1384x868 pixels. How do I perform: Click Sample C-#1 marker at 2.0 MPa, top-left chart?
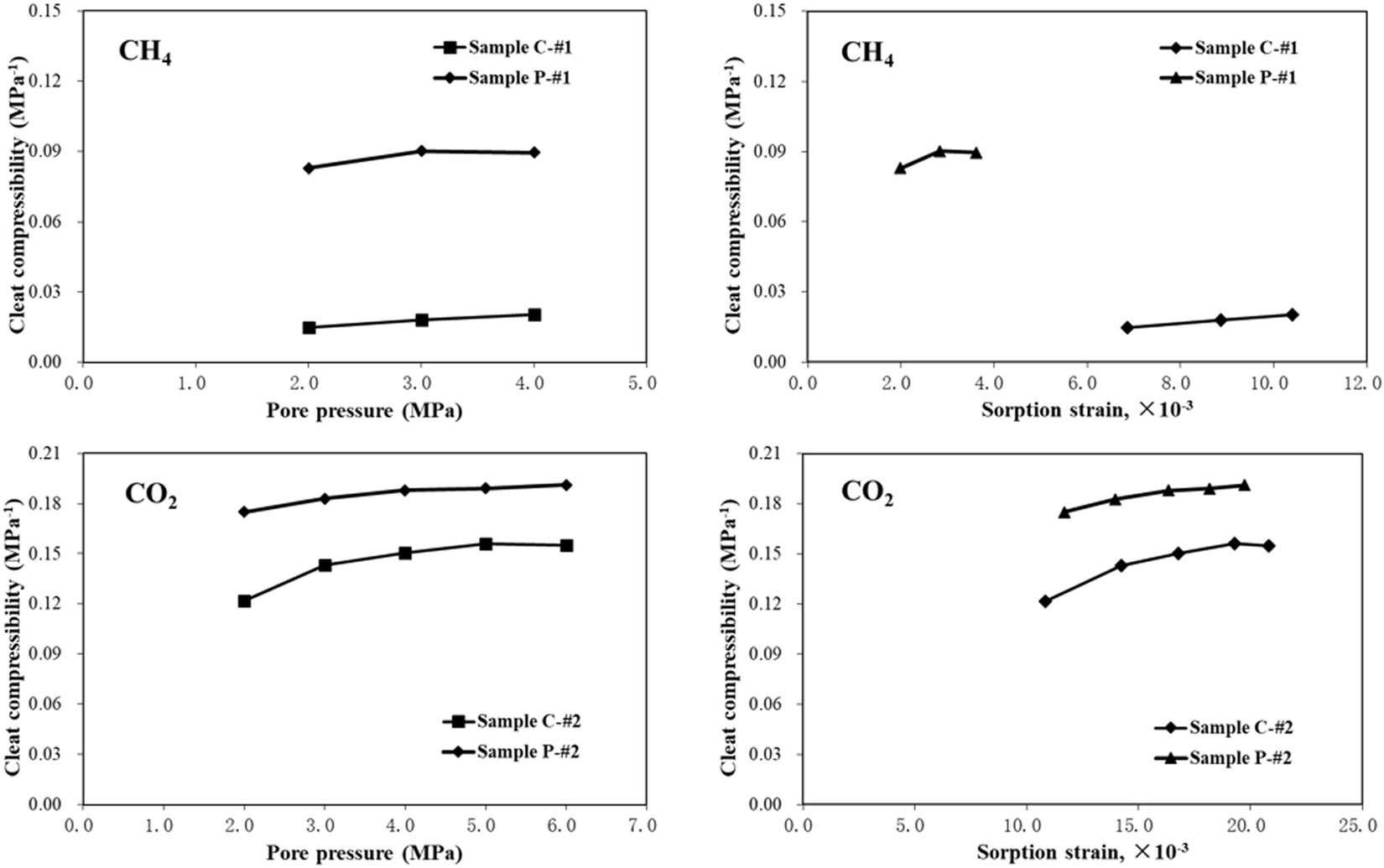(x=309, y=327)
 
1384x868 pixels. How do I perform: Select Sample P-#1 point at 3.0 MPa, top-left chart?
(x=421, y=151)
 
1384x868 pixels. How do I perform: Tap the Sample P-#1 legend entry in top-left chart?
(x=519, y=78)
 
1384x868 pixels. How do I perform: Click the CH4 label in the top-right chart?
(x=866, y=54)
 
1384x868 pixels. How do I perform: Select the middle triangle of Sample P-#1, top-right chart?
(x=939, y=151)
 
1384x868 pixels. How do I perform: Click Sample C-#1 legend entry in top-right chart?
(x=1245, y=48)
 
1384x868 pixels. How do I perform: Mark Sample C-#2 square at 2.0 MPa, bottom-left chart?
(x=244, y=600)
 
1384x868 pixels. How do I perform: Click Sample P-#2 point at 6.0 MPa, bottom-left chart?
(x=566, y=485)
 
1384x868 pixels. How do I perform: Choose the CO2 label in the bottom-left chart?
(x=151, y=495)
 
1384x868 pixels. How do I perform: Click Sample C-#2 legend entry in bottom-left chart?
(x=528, y=721)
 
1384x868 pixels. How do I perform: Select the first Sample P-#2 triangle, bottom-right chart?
(x=1064, y=512)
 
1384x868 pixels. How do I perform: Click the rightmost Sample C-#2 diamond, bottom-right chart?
(x=1268, y=545)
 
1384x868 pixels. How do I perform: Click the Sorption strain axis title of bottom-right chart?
(x=1082, y=853)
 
